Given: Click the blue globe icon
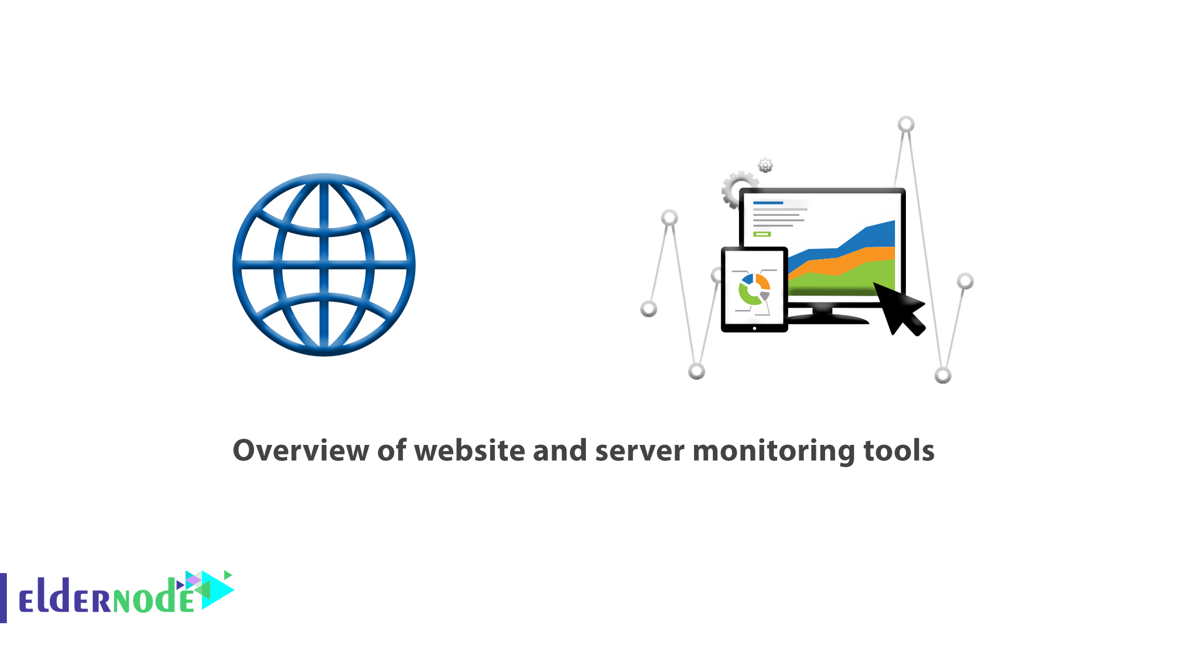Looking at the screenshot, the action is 324,265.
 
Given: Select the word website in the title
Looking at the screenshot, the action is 470,451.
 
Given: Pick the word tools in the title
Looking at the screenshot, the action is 899,451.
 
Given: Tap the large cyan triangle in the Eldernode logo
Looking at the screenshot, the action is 216,590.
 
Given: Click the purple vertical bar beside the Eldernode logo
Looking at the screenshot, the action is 3,598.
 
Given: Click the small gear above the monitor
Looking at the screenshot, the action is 765,166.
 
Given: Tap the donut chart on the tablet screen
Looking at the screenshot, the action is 754,290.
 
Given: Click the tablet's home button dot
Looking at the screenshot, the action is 754,328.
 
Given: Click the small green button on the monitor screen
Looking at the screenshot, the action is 762,234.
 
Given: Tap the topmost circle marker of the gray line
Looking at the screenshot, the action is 906,124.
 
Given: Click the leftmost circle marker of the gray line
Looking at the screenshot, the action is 648,309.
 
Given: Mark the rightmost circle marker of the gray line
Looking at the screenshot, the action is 965,281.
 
